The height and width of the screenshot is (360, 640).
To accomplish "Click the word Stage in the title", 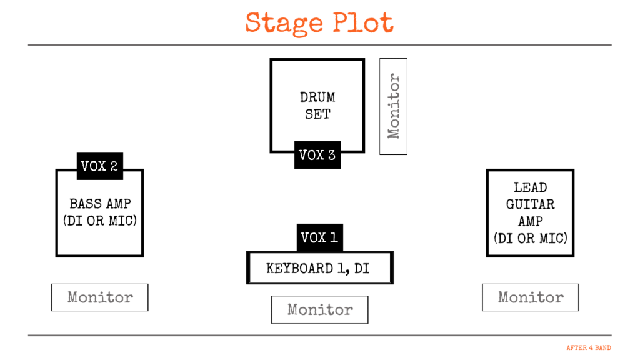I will click(284, 24).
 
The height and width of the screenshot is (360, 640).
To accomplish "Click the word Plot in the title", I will click(362, 24).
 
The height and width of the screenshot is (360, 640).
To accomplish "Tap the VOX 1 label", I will click(319, 237).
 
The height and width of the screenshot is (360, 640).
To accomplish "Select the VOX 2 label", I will click(99, 166).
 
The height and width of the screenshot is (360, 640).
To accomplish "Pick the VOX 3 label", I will click(317, 155).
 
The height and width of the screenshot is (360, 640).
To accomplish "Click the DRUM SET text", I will click(317, 106).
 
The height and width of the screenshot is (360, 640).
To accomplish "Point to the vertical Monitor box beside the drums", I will click(394, 106).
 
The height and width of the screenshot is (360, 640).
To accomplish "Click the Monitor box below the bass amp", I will click(100, 297).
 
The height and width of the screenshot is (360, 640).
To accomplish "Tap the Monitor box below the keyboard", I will click(320, 310).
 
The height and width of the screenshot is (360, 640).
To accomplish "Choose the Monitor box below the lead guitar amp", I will click(531, 297).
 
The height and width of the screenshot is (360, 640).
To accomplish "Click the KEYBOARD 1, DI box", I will click(320, 269).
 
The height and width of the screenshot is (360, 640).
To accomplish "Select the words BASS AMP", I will click(100, 204).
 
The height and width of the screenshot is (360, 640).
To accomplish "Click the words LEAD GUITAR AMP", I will click(530, 204).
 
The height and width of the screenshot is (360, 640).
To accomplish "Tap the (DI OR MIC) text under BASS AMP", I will click(100, 221).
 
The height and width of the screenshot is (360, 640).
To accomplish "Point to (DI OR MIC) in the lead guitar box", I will click(530, 237).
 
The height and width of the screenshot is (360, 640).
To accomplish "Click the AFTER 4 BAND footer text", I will click(589, 347).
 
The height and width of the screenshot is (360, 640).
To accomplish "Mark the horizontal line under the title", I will click(320, 45).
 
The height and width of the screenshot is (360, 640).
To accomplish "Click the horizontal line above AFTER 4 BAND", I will click(320, 336).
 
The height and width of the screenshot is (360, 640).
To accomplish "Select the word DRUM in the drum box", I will click(317, 97).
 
